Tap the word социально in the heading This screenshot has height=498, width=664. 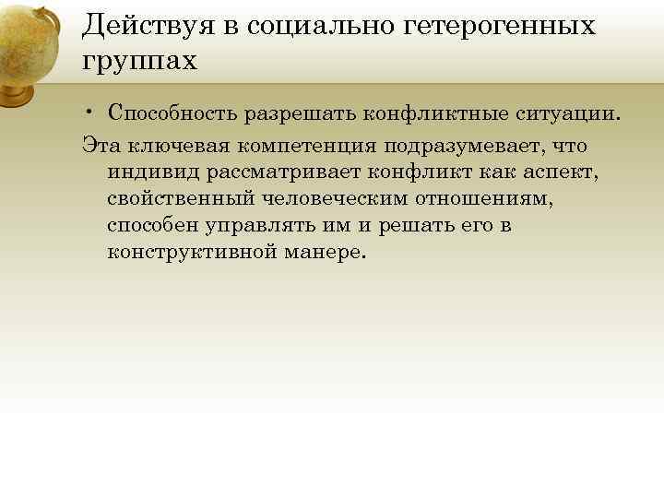pyautogui.click(x=317, y=26)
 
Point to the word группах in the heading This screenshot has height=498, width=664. pyautogui.click(x=138, y=63)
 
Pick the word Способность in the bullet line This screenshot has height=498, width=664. pyautogui.click(x=172, y=113)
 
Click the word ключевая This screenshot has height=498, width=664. pyautogui.click(x=172, y=146)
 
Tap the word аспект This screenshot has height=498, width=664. pyautogui.click(x=562, y=172)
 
